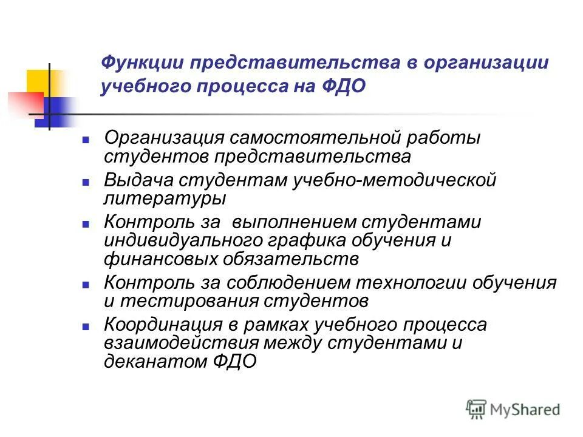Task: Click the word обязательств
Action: coord(293,259)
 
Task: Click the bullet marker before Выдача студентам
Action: coord(86,181)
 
